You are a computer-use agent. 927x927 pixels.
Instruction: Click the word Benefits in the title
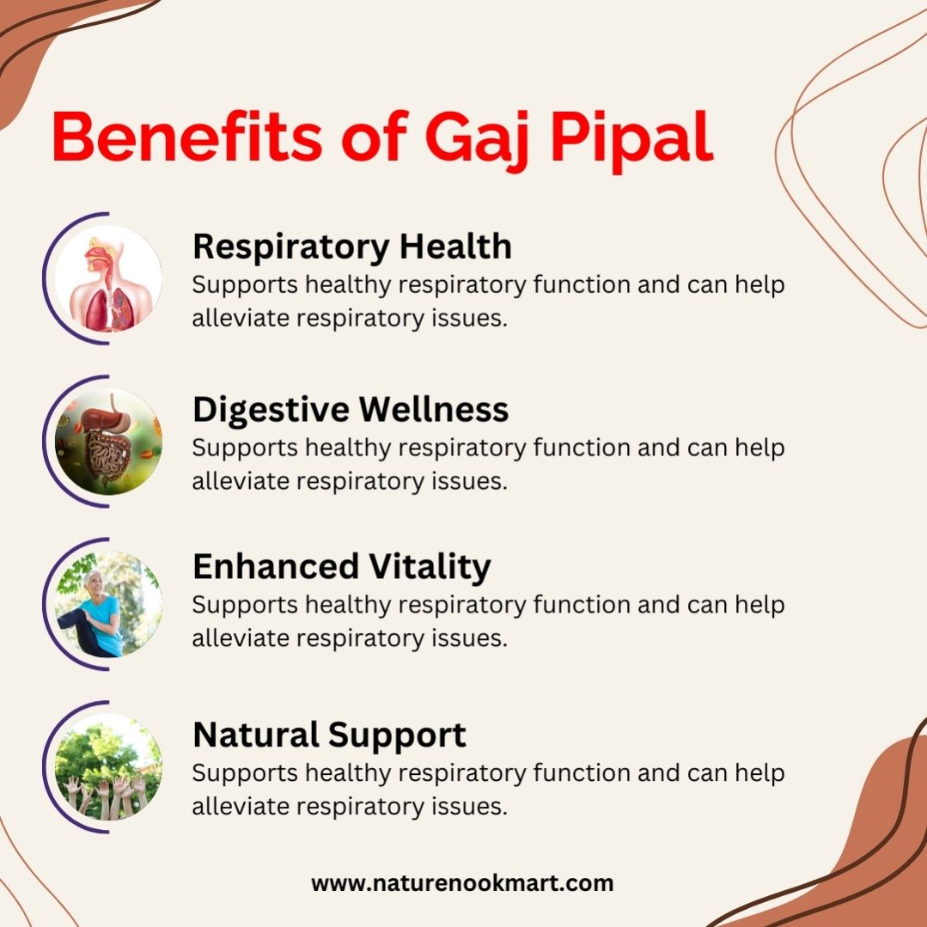tap(186, 137)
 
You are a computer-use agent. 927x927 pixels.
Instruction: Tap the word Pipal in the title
tap(632, 142)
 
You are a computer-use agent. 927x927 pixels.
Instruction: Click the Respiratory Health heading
tap(352, 247)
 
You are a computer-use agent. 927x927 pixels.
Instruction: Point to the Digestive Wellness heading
tap(351, 410)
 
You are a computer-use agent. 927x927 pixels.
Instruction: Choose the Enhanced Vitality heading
tap(342, 567)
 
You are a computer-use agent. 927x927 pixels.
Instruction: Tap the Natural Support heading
tap(329, 735)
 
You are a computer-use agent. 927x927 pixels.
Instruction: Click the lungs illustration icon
tap(108, 278)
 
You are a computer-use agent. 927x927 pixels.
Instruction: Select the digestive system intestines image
tap(108, 442)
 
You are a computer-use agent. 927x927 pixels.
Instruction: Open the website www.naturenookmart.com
tap(462, 884)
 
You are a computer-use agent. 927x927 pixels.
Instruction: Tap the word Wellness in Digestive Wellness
tap(433, 409)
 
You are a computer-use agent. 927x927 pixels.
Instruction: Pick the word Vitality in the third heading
tap(430, 567)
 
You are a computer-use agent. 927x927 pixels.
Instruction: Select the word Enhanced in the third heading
tap(276, 566)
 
